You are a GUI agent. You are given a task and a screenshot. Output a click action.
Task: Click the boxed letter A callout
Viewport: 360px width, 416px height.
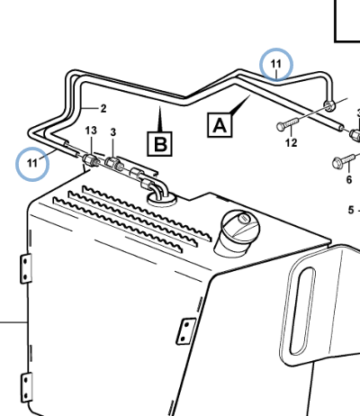click(x=220, y=125)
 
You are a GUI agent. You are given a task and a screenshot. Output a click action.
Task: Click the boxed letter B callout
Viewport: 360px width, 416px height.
click(x=160, y=144)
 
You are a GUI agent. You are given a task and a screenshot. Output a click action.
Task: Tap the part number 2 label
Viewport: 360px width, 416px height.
click(x=103, y=108)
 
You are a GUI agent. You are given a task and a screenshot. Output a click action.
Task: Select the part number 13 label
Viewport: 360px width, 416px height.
click(x=91, y=131)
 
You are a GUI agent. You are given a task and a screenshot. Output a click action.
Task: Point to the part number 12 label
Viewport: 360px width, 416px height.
click(x=291, y=142)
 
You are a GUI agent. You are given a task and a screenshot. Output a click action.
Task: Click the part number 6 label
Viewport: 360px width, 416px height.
click(x=349, y=179)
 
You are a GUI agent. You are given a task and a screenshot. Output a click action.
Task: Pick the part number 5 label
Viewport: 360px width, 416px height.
click(x=351, y=210)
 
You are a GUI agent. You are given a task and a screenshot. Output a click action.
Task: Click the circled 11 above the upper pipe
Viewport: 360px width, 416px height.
click(x=276, y=64)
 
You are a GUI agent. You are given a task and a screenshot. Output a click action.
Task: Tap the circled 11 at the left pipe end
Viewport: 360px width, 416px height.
click(x=32, y=164)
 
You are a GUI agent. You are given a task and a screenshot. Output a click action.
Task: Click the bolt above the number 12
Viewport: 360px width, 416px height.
click(x=288, y=124)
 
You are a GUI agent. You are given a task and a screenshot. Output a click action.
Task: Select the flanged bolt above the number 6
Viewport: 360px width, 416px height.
click(x=345, y=161)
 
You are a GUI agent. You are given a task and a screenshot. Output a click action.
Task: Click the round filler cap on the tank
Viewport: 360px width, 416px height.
click(x=239, y=231)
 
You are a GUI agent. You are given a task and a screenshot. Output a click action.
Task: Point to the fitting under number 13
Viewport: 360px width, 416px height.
click(x=90, y=159)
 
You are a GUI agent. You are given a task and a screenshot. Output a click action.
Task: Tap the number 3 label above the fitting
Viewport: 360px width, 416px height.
click(x=112, y=132)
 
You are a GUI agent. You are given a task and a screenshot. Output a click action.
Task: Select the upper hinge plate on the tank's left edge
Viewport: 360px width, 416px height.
click(x=26, y=268)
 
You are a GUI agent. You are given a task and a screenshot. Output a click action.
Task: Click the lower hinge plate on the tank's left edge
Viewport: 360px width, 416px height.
click(x=26, y=387)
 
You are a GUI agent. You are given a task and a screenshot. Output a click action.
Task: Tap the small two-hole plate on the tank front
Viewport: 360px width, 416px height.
click(x=186, y=331)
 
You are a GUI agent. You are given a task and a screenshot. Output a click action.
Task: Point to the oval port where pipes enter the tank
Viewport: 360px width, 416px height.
click(x=161, y=198)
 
